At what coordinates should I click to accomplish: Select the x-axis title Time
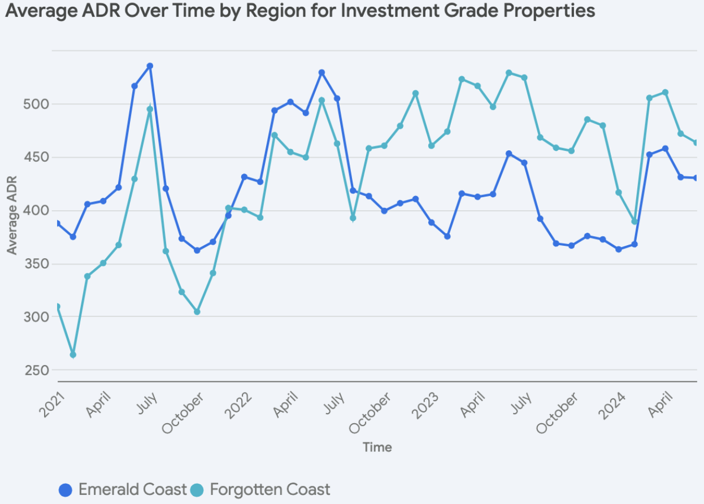tap(377, 447)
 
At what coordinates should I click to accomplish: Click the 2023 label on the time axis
tap(425, 405)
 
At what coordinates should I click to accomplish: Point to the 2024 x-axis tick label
tap(611, 405)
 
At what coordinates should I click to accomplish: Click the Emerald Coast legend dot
tap(66, 490)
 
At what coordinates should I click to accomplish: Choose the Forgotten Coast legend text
tap(270, 489)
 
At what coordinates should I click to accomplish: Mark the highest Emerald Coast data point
tap(150, 66)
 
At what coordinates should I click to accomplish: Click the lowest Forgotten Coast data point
tap(73, 355)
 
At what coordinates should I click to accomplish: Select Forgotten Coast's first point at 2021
tap(57, 307)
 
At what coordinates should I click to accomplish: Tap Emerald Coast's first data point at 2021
tap(57, 223)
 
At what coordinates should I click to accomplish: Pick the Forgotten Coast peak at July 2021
tap(150, 110)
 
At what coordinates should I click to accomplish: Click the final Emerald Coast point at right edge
tap(696, 178)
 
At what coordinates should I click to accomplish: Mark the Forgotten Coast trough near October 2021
tap(197, 312)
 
